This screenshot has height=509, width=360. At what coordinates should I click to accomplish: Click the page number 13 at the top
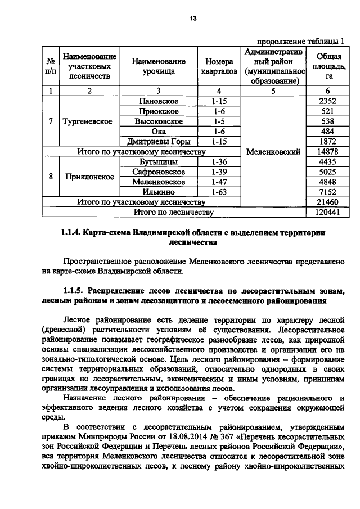(x=192, y=19)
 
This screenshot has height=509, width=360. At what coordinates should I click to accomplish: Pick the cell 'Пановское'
(x=158, y=101)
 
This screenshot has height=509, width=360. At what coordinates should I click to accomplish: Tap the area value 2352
(x=327, y=101)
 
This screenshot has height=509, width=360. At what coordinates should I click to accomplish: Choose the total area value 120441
(x=327, y=212)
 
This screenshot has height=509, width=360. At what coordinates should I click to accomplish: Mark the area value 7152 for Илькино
(x=327, y=192)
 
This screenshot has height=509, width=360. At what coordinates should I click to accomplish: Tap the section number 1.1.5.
(x=76, y=291)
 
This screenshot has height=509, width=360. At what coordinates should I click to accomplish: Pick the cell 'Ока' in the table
(x=158, y=131)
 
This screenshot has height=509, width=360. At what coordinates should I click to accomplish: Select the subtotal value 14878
(x=327, y=151)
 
